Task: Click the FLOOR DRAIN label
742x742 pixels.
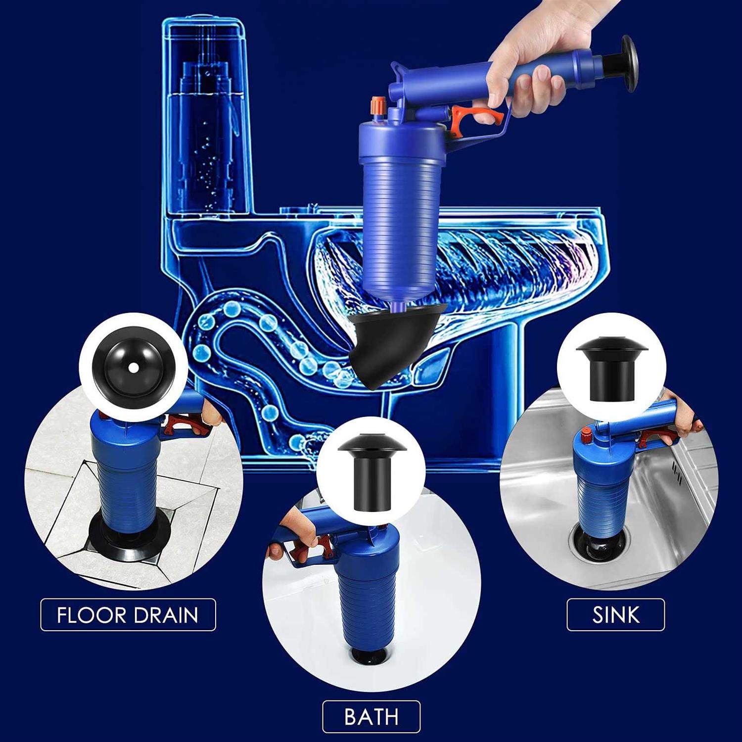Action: (128, 615)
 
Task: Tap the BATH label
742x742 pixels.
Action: (371, 717)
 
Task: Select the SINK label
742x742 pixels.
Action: (615, 615)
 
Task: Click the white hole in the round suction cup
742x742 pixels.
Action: (134, 367)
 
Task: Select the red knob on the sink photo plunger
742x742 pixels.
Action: (587, 436)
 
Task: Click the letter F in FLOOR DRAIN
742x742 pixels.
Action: (62, 615)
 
